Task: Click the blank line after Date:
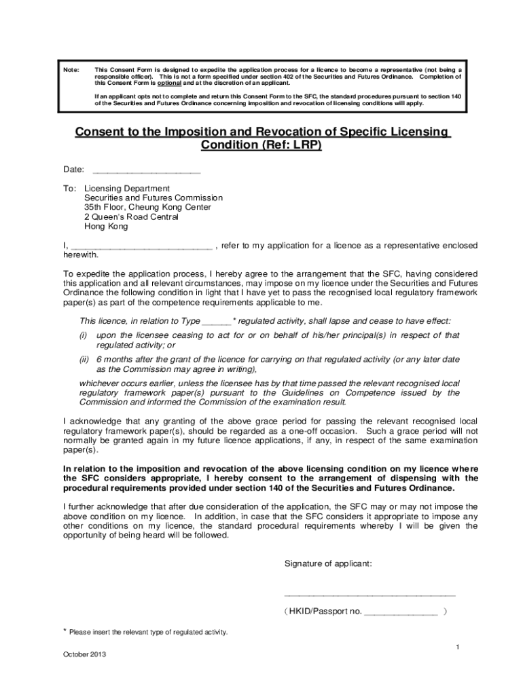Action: coord(146,170)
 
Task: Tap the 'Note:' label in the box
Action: coord(71,70)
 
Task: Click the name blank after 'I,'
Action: coord(141,246)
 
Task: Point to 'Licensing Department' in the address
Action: coord(127,189)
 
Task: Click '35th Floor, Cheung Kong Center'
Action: coord(147,208)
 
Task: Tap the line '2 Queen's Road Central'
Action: coord(131,217)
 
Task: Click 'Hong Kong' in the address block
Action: coord(106,227)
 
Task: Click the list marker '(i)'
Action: coord(84,335)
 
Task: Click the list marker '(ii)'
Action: coord(85,359)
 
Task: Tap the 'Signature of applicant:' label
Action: coord(328,564)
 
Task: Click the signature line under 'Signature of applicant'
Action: coord(369,595)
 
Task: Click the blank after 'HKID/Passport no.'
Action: coord(401,612)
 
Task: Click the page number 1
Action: coord(458,647)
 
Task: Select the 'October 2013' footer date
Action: coord(84,655)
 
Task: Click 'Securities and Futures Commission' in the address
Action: coord(153,198)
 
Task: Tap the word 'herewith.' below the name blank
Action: coord(81,255)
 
